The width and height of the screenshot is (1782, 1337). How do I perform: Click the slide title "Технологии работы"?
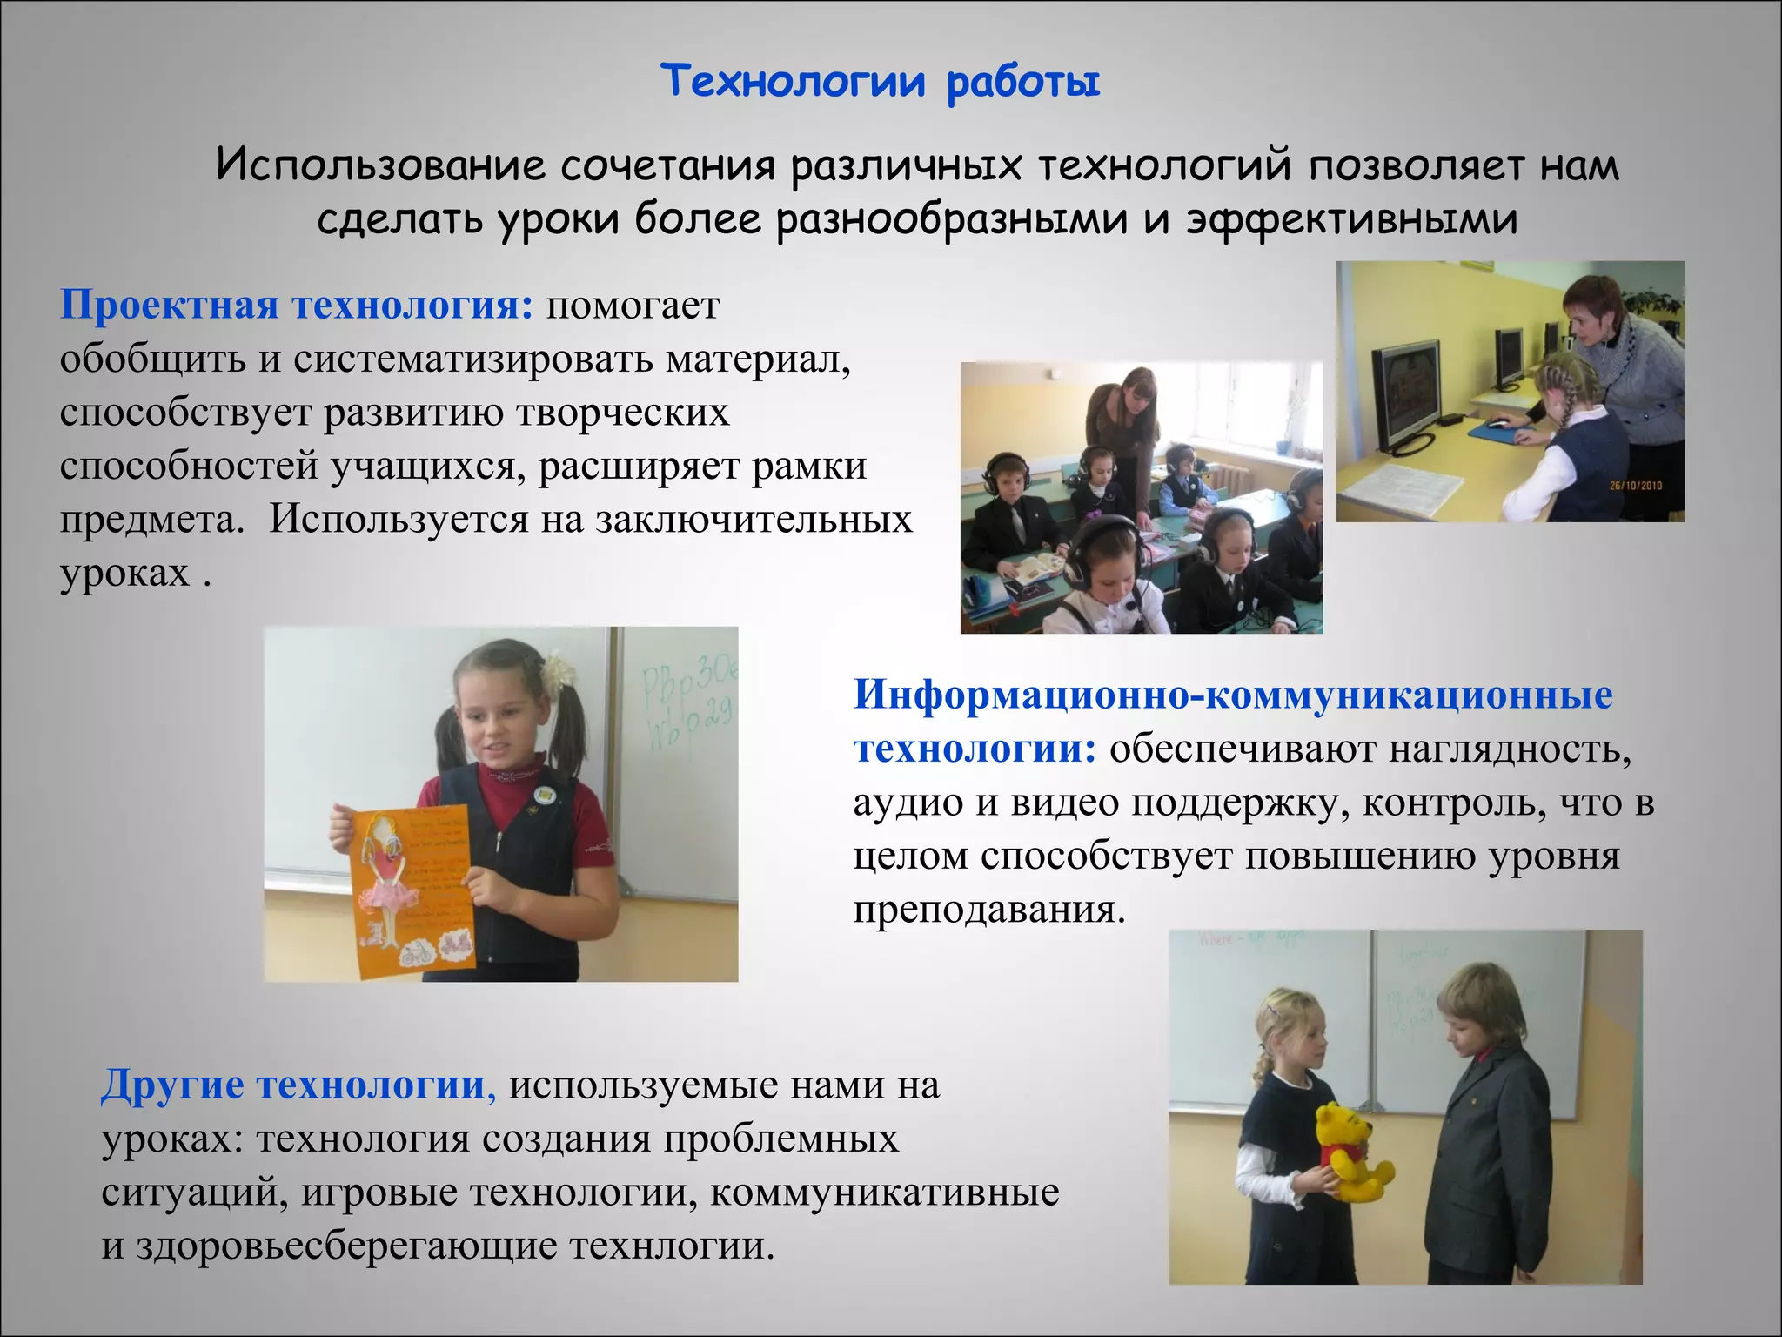[881, 83]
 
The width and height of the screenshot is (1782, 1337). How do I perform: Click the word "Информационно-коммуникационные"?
[1233, 695]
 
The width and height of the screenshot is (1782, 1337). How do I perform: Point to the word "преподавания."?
[989, 910]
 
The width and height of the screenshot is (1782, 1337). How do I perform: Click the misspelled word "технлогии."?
[672, 1246]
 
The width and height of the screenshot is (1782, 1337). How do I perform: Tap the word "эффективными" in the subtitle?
[1352, 219]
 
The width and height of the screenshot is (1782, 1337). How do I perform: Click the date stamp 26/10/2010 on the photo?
[1635, 486]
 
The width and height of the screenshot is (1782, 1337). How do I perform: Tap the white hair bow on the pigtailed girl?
[557, 671]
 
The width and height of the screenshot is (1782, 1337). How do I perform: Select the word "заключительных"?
[754, 521]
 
